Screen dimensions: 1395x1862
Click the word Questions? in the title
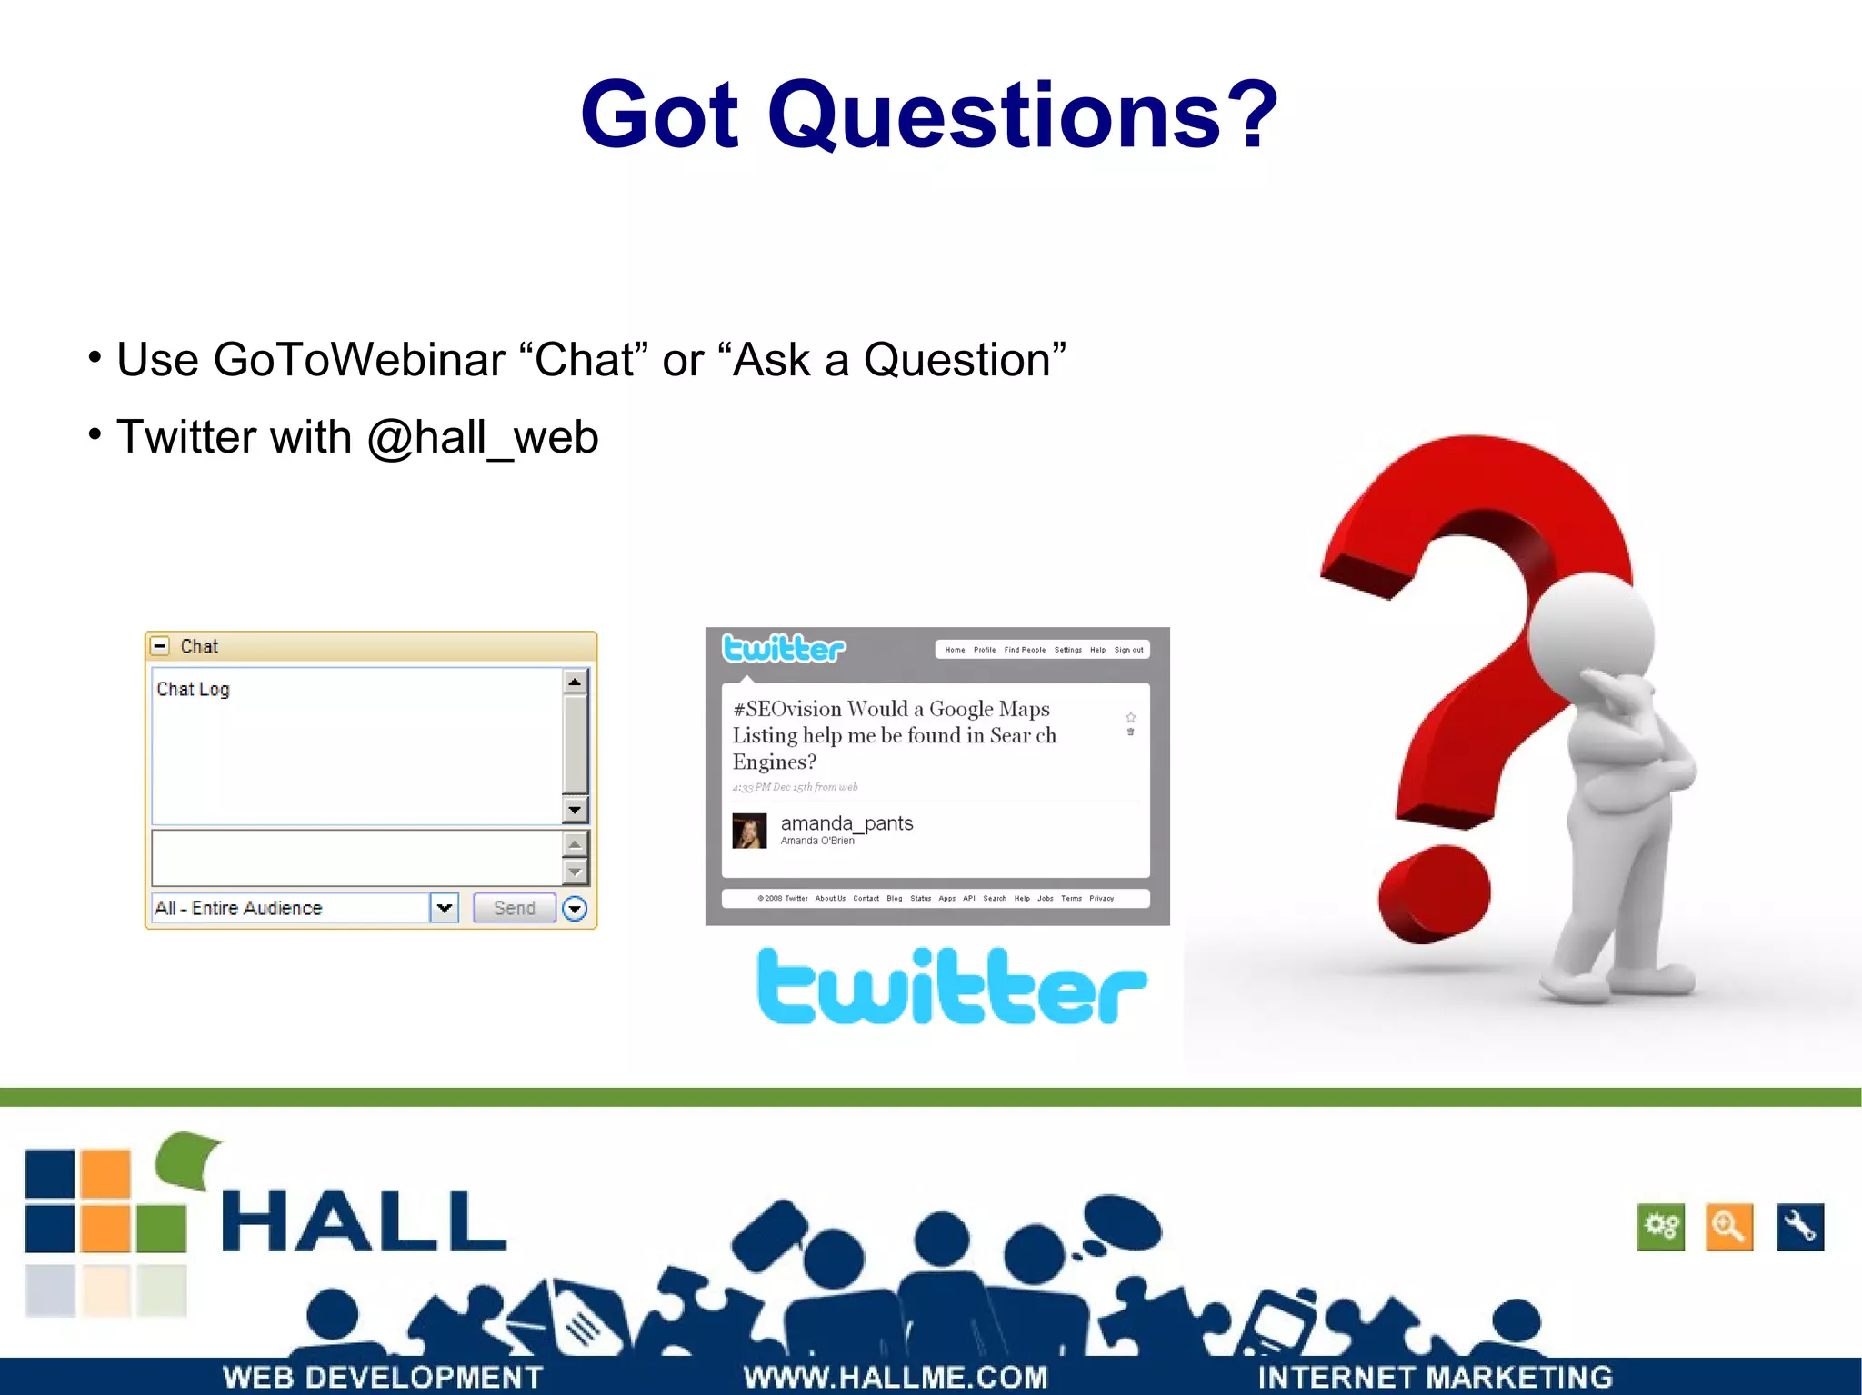point(1023,115)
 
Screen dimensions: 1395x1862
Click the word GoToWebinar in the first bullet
point(358,360)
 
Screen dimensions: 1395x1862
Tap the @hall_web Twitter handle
point(482,437)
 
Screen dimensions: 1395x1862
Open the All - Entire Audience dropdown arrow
point(444,907)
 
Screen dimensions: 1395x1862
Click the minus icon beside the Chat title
point(160,646)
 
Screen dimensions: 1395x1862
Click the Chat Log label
point(193,689)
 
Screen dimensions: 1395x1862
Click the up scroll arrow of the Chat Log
point(575,682)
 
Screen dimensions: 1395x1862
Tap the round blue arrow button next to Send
point(575,908)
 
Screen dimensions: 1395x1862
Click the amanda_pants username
point(846,823)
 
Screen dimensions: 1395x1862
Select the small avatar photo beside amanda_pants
point(749,831)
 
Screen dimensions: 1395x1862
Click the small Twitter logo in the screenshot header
point(784,649)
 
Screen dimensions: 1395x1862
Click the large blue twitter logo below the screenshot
point(951,987)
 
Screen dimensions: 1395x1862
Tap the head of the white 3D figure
point(1590,632)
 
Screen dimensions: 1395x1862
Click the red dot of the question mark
point(1434,895)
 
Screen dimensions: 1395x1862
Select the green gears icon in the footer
point(1661,1227)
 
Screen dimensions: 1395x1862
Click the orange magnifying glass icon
point(1729,1227)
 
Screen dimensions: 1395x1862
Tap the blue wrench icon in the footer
point(1799,1227)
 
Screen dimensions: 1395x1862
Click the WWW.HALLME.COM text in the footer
point(896,1377)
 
